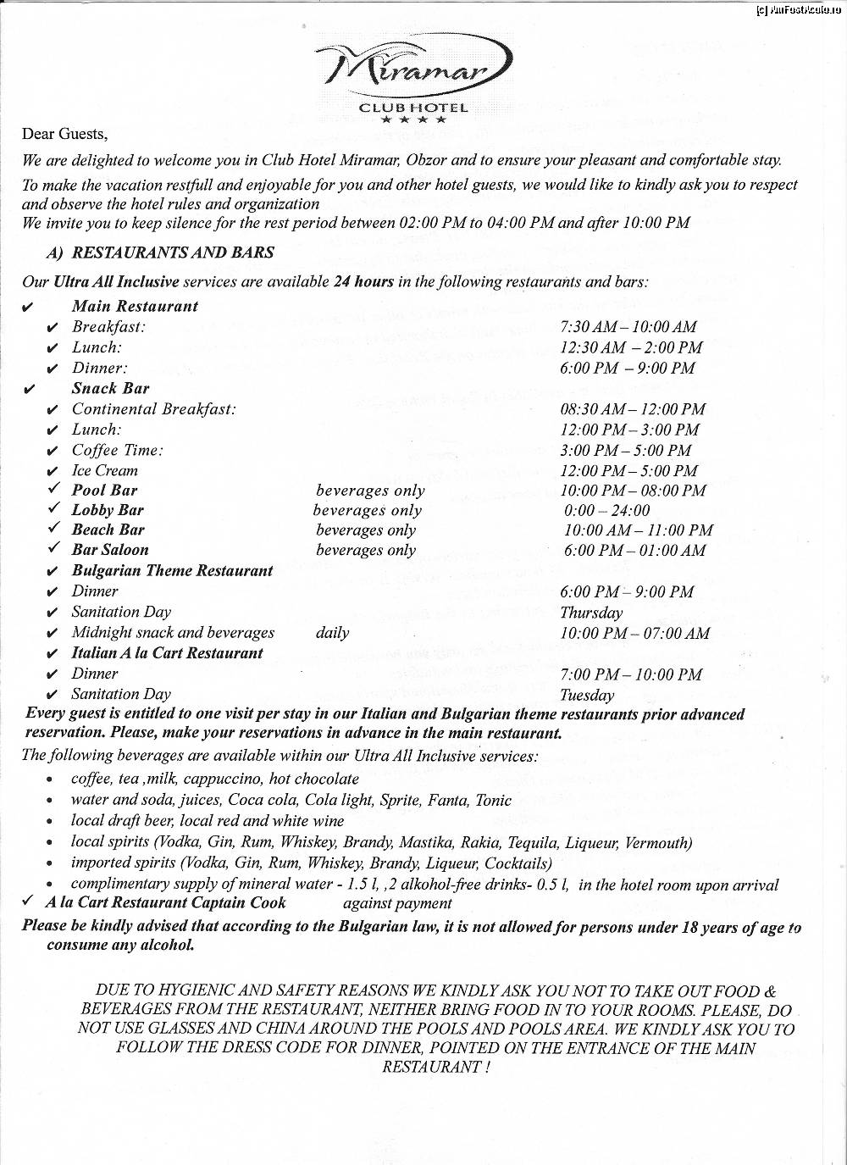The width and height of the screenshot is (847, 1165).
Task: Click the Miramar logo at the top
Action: tap(413, 69)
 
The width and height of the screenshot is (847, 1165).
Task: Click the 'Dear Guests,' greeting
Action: tap(64, 134)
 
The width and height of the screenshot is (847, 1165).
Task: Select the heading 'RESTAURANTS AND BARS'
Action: tap(173, 252)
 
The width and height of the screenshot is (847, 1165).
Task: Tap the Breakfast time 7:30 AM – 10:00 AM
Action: tap(628, 327)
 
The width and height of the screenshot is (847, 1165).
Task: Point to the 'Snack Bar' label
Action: tap(110, 389)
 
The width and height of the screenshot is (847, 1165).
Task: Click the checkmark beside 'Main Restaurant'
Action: tap(29, 307)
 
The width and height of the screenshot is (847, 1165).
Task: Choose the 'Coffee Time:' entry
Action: tap(117, 451)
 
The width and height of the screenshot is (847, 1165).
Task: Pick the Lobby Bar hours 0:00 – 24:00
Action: tap(607, 511)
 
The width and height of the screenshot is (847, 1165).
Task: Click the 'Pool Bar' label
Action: tap(104, 491)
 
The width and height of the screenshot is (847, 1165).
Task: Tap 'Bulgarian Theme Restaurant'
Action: tap(172, 571)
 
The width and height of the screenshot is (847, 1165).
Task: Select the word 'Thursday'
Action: tap(591, 613)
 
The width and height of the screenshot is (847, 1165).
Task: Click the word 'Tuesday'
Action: tap(587, 696)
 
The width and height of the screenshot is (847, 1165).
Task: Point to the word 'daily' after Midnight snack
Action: tap(332, 633)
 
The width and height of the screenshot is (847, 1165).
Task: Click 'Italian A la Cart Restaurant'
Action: tap(167, 653)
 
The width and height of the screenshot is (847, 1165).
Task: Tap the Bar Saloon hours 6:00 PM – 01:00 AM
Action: tap(634, 551)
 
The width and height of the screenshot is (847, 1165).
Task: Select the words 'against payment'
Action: tap(397, 904)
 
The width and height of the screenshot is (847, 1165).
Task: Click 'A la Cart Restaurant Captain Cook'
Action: tap(166, 903)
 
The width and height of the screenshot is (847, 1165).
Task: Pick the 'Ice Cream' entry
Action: tap(104, 471)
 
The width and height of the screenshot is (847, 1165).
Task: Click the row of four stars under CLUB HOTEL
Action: tap(413, 120)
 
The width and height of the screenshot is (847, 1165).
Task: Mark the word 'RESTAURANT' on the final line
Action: tap(431, 1068)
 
